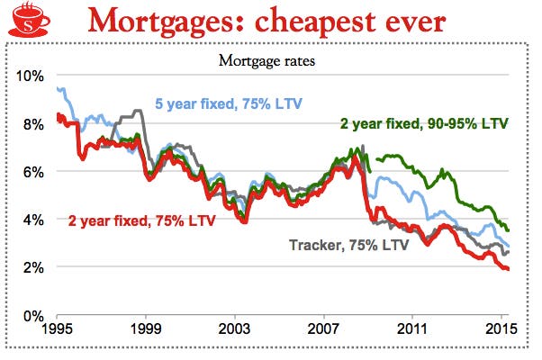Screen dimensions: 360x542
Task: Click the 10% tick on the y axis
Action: [x=30, y=76]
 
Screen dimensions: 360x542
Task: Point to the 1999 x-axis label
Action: [x=147, y=330]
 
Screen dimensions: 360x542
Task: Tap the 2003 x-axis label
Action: [x=235, y=330]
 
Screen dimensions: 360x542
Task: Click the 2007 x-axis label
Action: [x=323, y=330]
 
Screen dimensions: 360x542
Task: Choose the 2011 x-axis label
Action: [x=411, y=330]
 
